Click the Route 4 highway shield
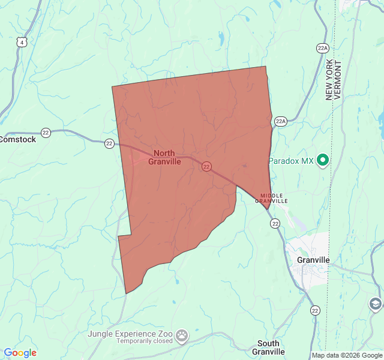(22, 42)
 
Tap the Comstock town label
(18, 139)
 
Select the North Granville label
(164, 157)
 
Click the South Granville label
(268, 347)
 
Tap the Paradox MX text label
(291, 161)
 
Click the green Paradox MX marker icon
(323, 160)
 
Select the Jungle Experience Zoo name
(130, 333)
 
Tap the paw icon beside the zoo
(182, 334)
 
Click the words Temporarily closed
(145, 341)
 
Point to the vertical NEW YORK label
(329, 80)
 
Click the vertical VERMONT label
(338, 80)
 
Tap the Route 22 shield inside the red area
(206, 167)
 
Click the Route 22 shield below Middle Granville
(275, 223)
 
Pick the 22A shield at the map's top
(323, 48)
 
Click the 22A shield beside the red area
(281, 121)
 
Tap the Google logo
(20, 353)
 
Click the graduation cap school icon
(376, 304)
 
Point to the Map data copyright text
(347, 355)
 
